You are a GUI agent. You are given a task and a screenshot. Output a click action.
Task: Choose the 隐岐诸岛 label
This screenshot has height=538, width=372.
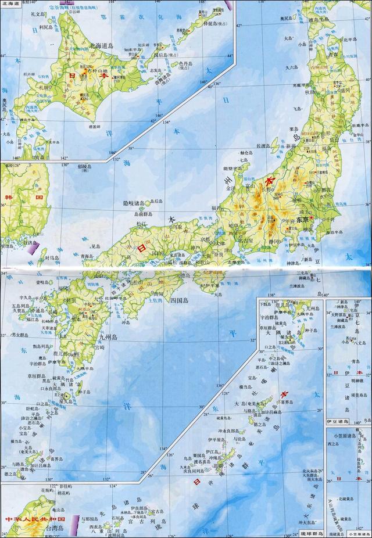131,203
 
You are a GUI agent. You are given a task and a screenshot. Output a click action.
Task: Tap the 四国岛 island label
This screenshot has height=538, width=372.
178,300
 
